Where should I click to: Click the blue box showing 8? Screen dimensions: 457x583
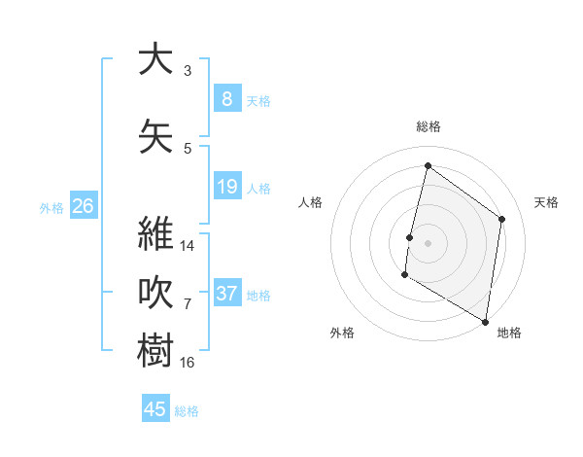[226, 98]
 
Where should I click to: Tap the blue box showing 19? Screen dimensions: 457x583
[226, 186]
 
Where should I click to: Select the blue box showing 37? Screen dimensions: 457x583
[226, 294]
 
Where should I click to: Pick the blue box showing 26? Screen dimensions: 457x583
[84, 206]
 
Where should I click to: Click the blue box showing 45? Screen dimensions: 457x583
[155, 409]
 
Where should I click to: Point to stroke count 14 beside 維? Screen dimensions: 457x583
[189, 246]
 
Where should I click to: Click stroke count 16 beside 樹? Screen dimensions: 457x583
[189, 363]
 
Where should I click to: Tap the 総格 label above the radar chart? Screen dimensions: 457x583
[429, 126]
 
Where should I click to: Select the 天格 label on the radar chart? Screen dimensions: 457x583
[547, 202]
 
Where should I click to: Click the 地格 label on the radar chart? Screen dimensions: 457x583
[509, 333]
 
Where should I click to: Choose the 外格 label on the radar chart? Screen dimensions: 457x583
[342, 333]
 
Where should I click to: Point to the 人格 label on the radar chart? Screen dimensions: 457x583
[310, 202]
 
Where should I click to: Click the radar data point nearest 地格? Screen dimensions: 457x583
[485, 321]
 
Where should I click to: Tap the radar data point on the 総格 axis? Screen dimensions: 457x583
[428, 166]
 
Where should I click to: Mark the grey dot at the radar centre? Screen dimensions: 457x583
[428, 243]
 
